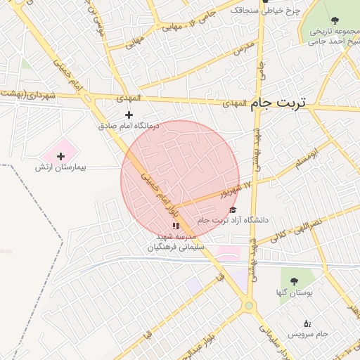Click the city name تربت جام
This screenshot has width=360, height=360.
279,103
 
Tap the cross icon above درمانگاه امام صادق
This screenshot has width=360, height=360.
129,115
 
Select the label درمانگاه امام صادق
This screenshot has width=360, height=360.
129,126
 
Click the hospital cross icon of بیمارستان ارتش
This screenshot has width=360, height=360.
60,156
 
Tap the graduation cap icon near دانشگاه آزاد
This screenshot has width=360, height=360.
233,210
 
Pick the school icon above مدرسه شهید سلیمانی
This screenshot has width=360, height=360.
176,226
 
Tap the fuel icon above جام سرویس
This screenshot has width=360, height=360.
307,323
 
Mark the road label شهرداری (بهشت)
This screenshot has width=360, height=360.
28,94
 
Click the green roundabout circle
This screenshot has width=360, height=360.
248,305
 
